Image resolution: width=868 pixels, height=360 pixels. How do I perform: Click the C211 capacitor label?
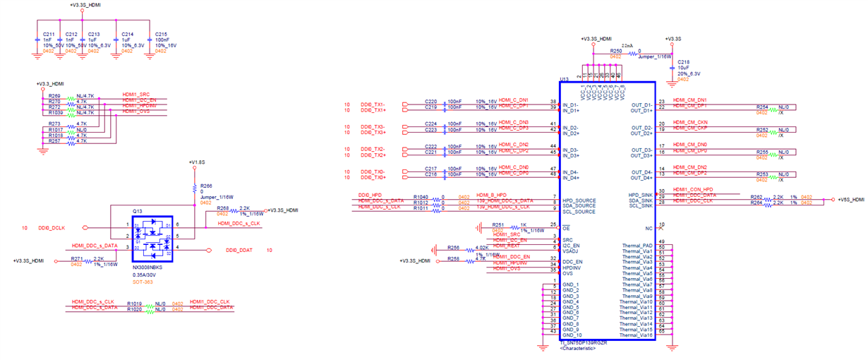49,33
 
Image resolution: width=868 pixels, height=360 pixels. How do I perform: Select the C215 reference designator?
162,33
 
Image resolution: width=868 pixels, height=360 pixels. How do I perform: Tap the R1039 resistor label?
56,112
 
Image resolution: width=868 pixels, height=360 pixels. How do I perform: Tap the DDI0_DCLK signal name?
52,227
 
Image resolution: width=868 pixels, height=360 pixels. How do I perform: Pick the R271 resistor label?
77,259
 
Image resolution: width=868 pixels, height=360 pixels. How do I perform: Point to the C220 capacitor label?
431,100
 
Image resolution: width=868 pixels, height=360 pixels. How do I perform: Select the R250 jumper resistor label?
616,51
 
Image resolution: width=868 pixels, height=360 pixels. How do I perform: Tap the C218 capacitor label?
683,62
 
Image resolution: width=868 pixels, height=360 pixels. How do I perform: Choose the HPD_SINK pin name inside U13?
639,194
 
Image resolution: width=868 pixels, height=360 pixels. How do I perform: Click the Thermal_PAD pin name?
637,245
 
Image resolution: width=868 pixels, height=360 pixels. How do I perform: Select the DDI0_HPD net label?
370,194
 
